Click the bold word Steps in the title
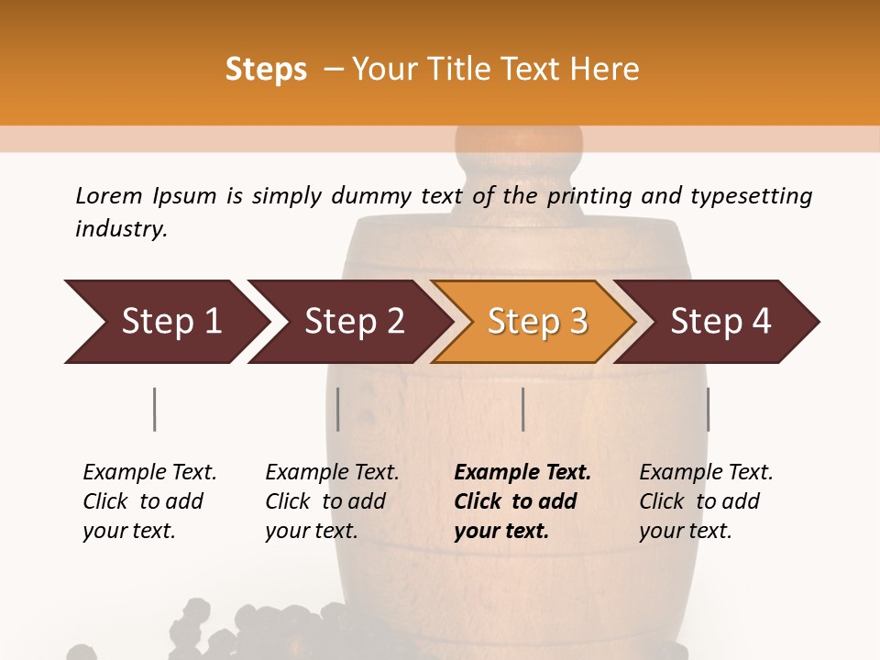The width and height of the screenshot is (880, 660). (266, 70)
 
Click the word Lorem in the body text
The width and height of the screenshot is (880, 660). (108, 195)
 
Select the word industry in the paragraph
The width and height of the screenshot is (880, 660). (121, 228)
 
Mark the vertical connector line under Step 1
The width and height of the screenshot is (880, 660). (155, 409)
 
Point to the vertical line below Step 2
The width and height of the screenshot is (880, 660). (338, 409)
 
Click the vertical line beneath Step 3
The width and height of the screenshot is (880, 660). (523, 409)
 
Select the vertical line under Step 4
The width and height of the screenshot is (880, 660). (708, 409)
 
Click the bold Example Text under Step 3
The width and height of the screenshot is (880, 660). (522, 473)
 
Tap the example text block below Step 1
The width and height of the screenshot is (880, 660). (149, 501)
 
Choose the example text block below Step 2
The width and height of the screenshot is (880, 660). (332, 501)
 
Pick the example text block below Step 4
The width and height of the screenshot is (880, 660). (706, 501)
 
